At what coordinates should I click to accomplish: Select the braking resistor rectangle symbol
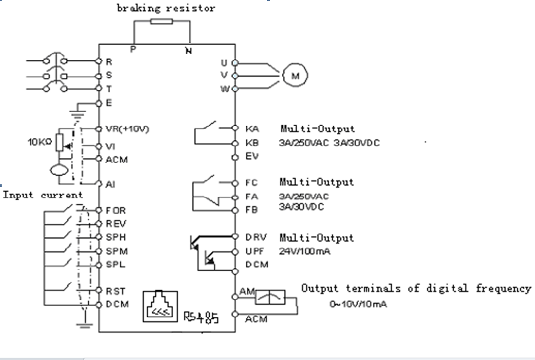click(161, 22)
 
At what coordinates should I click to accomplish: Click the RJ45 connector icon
click(161, 305)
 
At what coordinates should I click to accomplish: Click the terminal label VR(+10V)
click(128, 129)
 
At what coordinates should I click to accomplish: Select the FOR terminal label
click(116, 211)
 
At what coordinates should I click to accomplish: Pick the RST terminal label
click(116, 291)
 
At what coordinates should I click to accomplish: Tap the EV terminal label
click(252, 156)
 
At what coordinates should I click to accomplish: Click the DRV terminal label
click(254, 237)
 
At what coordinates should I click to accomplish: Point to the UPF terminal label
click(254, 251)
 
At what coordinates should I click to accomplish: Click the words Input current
click(44, 195)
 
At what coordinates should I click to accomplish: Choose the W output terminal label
click(225, 89)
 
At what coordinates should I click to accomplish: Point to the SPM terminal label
click(117, 251)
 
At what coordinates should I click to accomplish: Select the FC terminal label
click(251, 183)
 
